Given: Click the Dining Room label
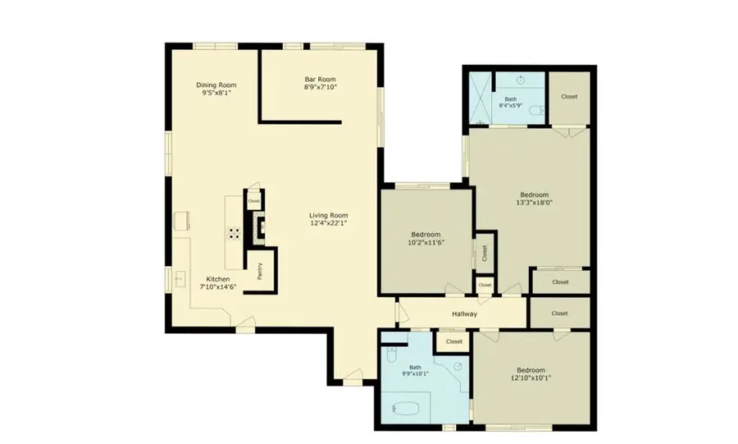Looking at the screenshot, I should [x=216, y=89].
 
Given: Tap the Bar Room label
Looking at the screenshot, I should [x=320, y=83].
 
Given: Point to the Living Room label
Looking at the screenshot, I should [x=329, y=219].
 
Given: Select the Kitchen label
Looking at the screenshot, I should [x=218, y=283].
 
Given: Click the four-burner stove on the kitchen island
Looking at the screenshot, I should [x=235, y=231].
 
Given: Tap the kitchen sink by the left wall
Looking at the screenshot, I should [x=180, y=279].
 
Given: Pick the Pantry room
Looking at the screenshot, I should [x=262, y=271].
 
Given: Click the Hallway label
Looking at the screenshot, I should [x=464, y=314].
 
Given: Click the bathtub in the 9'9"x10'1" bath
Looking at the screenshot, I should [x=406, y=407].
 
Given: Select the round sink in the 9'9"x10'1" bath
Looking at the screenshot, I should [x=458, y=366].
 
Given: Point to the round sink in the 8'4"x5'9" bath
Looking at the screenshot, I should [x=522, y=80].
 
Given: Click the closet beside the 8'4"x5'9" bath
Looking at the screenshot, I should [x=568, y=97].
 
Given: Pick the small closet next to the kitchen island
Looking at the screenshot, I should [x=253, y=200].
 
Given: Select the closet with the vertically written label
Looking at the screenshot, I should [x=484, y=254].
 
